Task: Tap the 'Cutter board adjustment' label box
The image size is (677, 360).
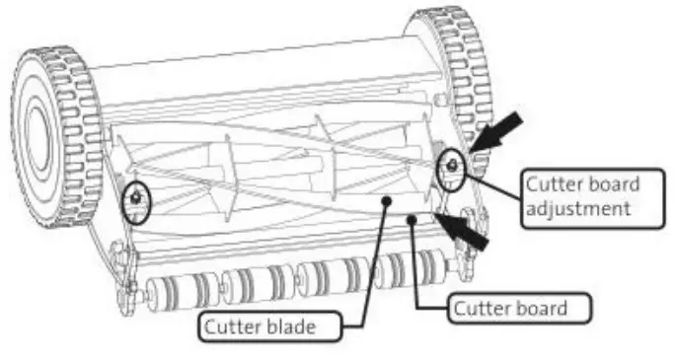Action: [582, 198]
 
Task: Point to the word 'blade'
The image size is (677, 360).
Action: [300, 324]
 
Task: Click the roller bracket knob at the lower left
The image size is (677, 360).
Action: [125, 291]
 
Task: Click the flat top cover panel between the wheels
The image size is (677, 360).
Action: [257, 69]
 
